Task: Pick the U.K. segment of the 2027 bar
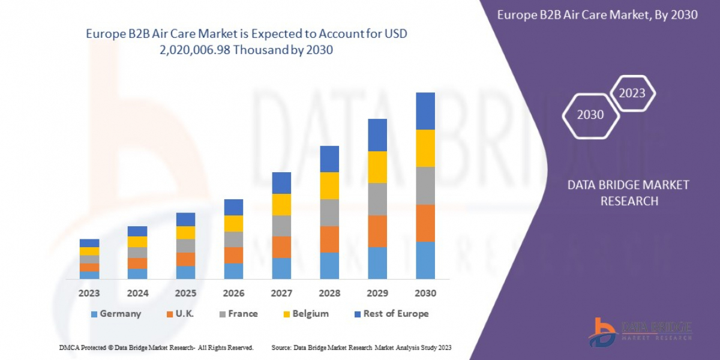click(281, 247)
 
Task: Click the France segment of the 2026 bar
click(233, 239)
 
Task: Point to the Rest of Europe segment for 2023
click(89, 243)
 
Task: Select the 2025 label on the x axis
click(185, 294)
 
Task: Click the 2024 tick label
click(137, 294)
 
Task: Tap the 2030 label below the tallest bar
click(425, 294)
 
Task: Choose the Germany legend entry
click(120, 314)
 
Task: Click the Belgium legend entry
click(310, 314)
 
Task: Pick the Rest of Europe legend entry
click(395, 314)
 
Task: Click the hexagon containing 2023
click(632, 93)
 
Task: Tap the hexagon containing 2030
click(590, 115)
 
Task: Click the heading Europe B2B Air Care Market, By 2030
click(597, 15)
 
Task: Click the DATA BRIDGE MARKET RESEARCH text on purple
click(628, 193)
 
